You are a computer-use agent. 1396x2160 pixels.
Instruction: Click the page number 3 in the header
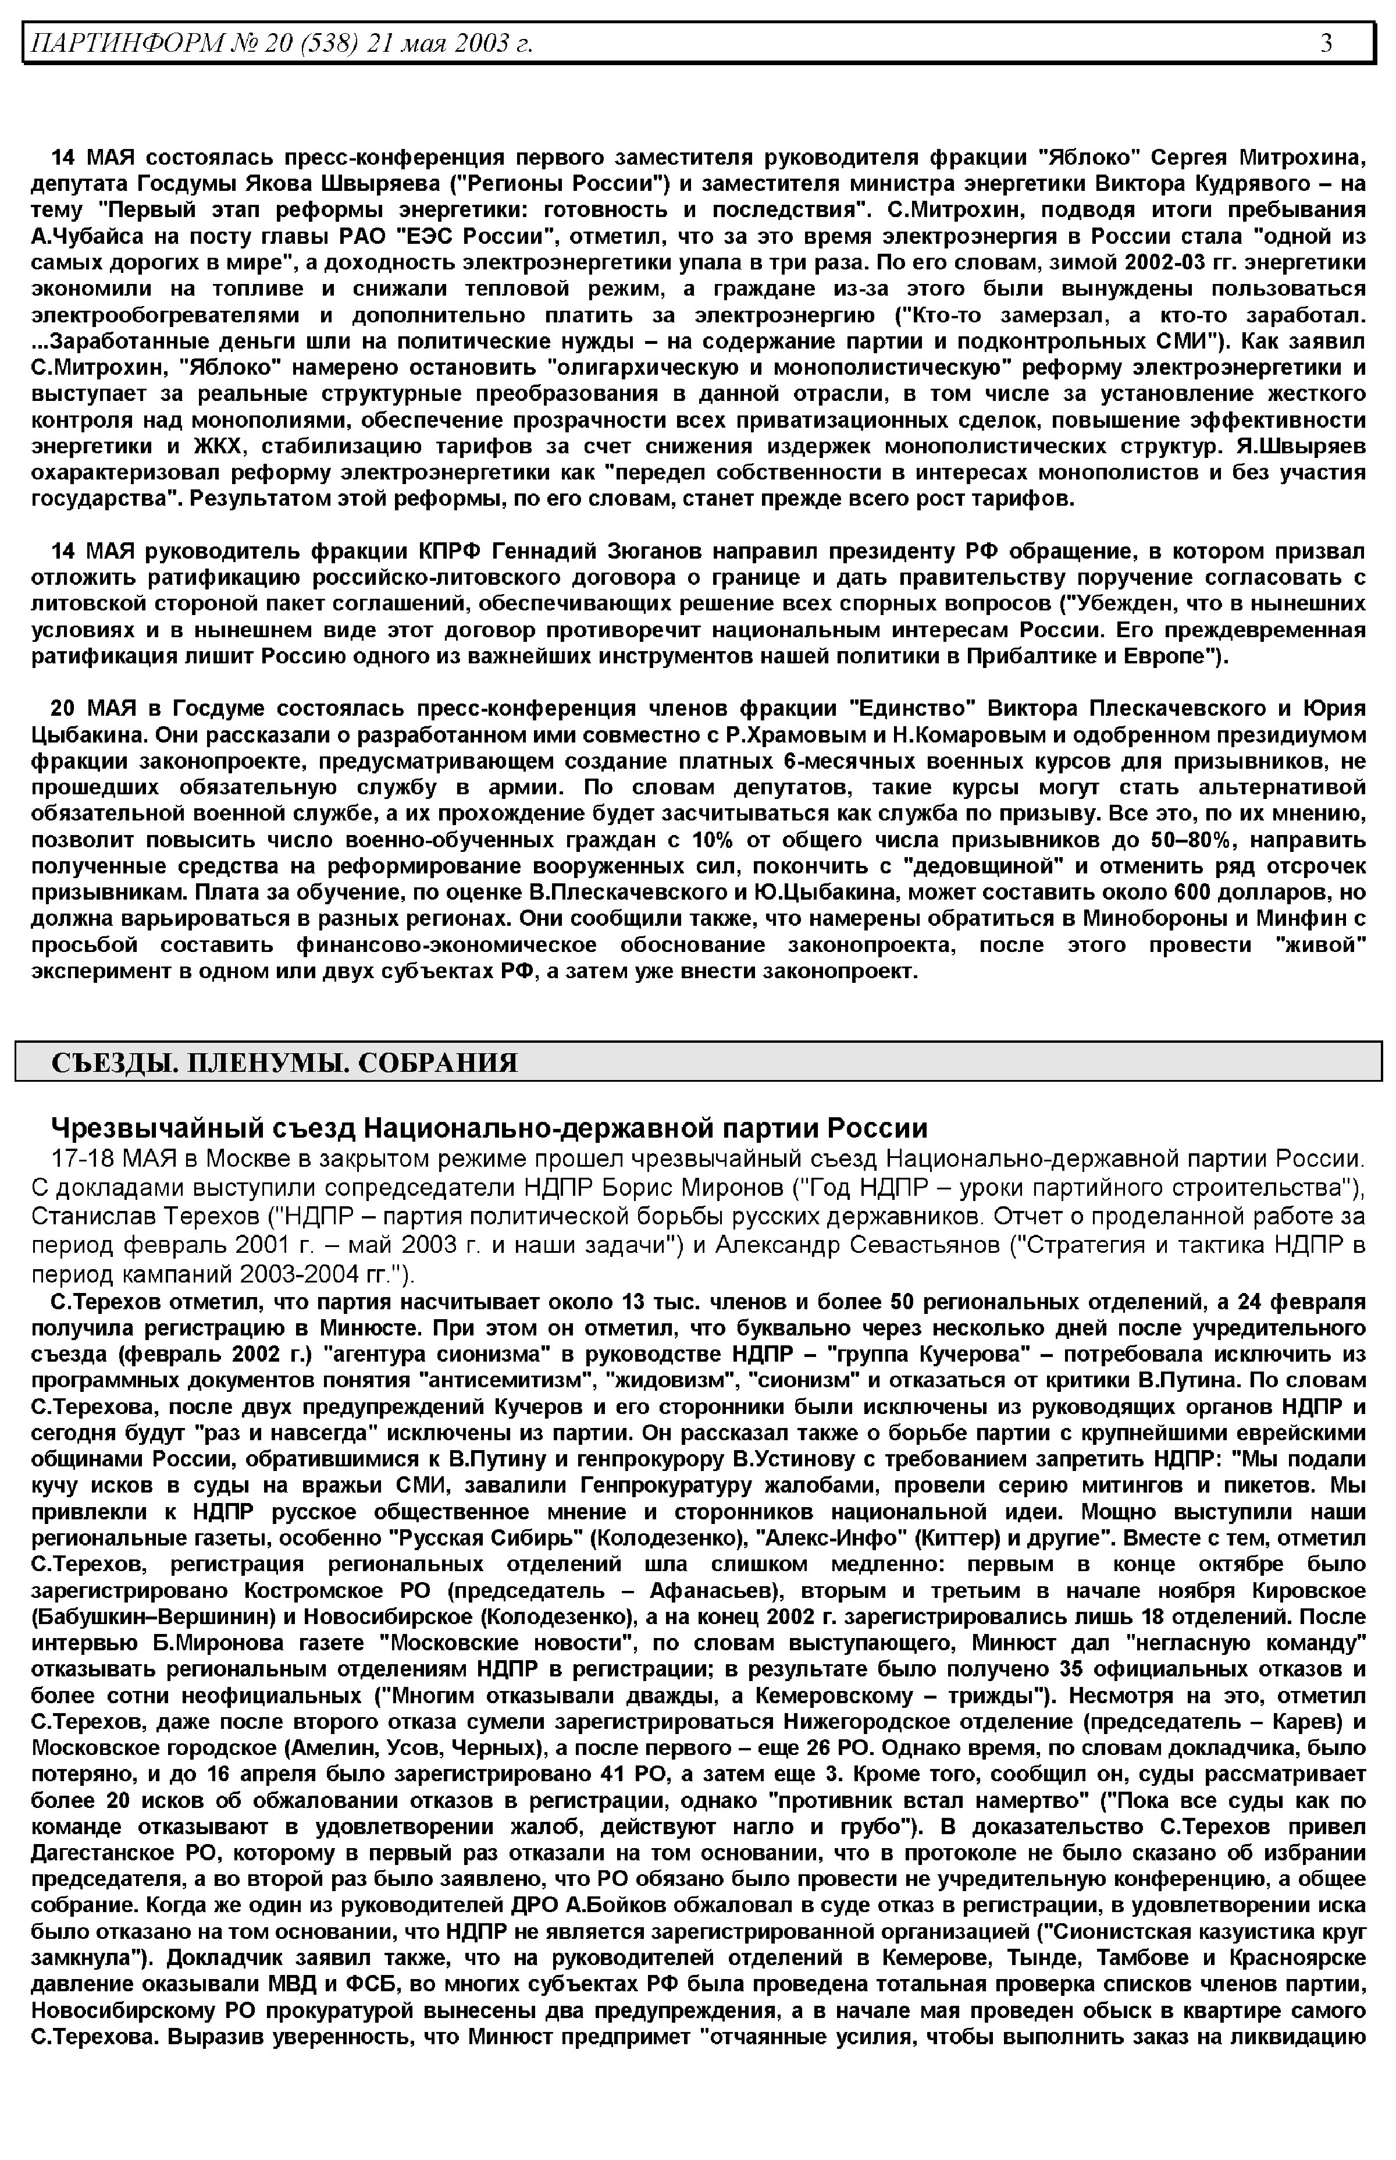1326,42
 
